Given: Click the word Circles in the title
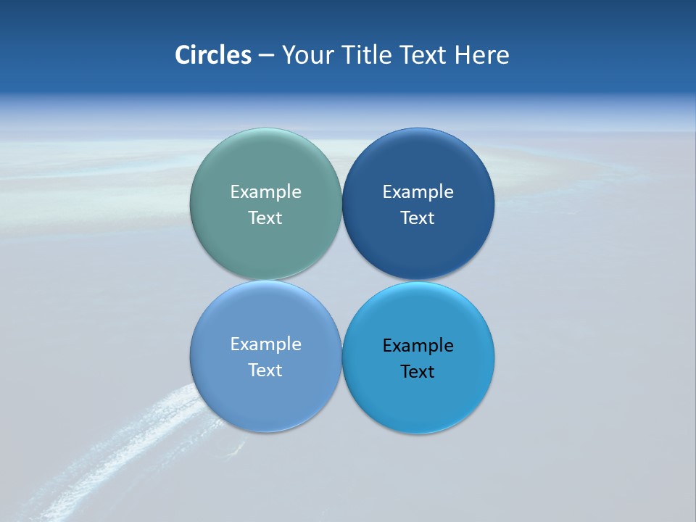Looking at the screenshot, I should [x=212, y=55].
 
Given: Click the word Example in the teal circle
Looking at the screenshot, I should [x=265, y=192].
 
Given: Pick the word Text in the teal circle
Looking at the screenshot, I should [x=265, y=218].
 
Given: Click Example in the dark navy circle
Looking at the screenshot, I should [x=418, y=192].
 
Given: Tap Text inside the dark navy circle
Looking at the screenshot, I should [x=418, y=218].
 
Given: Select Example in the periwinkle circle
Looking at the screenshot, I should [x=265, y=344].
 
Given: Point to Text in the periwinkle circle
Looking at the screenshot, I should [x=265, y=370].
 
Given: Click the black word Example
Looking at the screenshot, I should [x=418, y=346].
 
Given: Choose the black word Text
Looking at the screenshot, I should [x=418, y=372].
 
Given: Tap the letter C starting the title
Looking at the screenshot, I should [x=182, y=55].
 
